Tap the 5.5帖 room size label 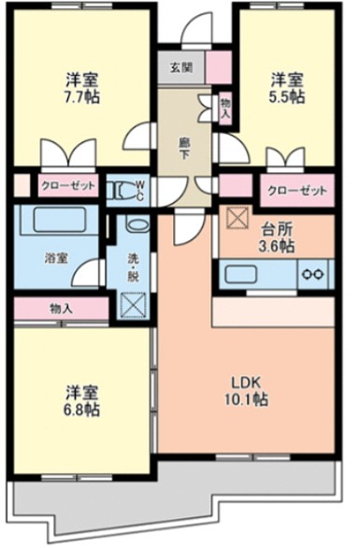pyautogui.click(x=287, y=96)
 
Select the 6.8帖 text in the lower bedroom pyautogui.click(x=82, y=410)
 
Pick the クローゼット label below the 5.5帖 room pyautogui.click(x=296, y=191)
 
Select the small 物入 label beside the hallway pyautogui.click(x=225, y=108)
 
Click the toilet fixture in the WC pyautogui.click(x=121, y=191)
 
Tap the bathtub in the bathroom pyautogui.click(x=59, y=221)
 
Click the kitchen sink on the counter pyautogui.click(x=246, y=274)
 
